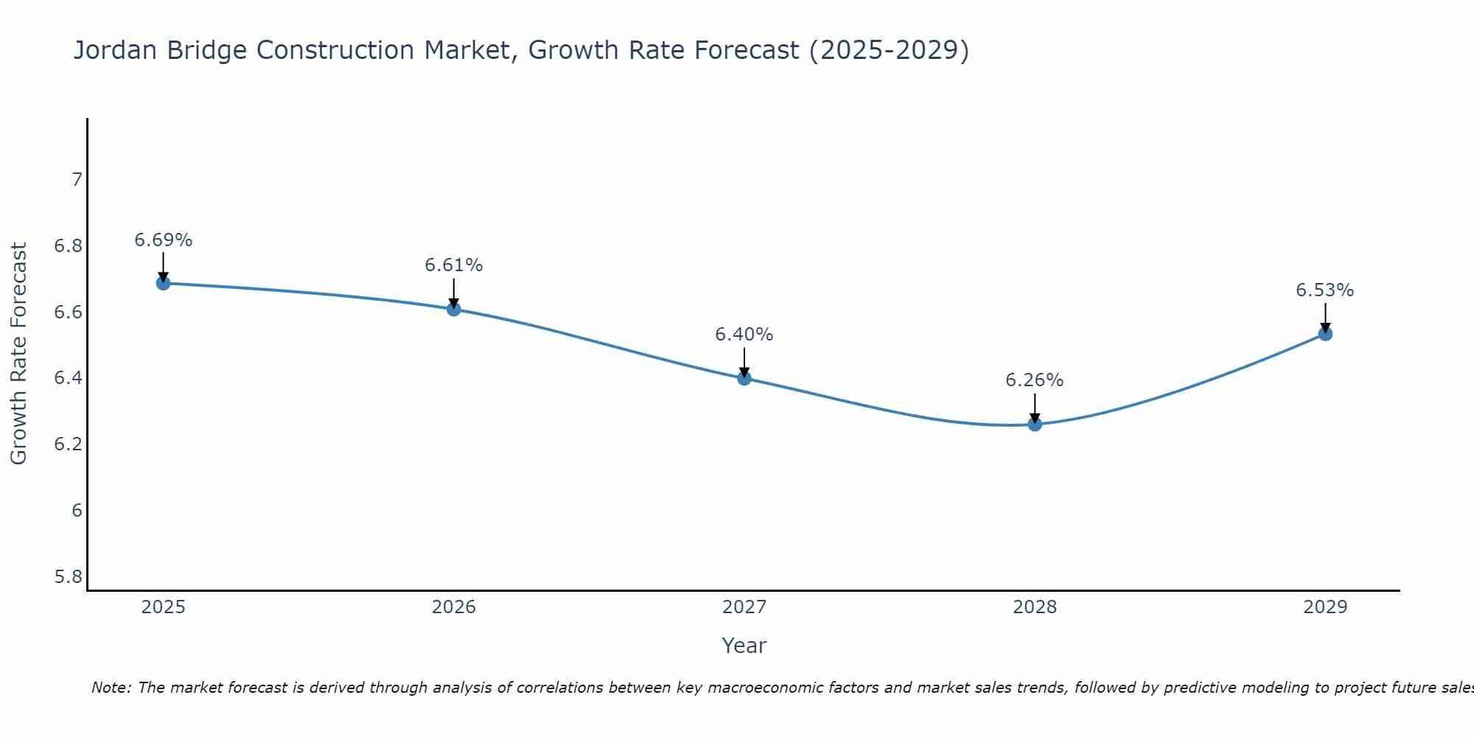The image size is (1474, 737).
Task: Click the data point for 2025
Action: point(163,283)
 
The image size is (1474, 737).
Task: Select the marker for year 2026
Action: point(454,309)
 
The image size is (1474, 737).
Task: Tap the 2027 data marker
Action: point(744,378)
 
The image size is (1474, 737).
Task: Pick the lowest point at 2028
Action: point(1035,424)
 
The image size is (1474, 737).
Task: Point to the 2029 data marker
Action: point(1325,334)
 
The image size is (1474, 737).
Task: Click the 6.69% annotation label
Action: point(163,240)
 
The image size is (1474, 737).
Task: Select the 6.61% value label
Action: point(454,265)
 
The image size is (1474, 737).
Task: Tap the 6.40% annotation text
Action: point(744,335)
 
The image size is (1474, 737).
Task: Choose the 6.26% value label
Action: point(1035,380)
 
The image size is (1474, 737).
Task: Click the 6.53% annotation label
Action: point(1325,290)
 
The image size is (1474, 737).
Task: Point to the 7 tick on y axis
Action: point(77,180)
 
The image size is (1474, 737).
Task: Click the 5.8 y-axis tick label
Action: point(69,576)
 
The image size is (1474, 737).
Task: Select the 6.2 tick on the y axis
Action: point(69,444)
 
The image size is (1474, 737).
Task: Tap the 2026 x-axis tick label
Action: point(454,607)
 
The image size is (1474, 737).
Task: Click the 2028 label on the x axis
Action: point(1035,607)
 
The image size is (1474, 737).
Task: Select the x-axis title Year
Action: point(744,646)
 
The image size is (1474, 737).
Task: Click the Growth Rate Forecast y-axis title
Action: point(19,354)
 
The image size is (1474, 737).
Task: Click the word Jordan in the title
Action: point(115,51)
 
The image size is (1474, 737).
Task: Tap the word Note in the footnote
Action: point(110,688)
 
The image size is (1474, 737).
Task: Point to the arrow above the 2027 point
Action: point(744,361)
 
